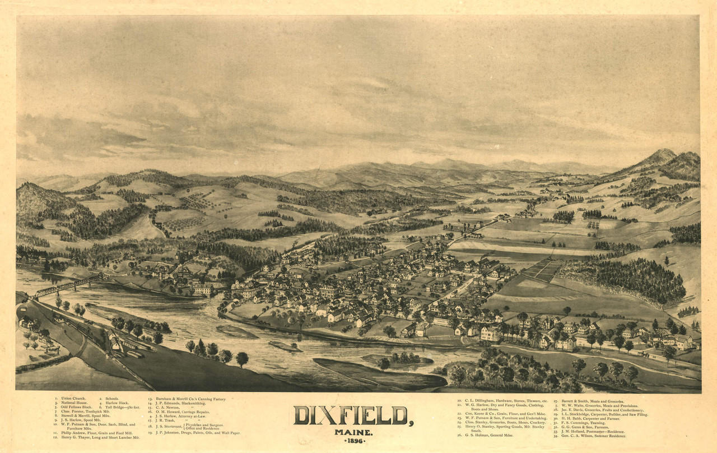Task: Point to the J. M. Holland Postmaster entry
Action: point(593,431)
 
